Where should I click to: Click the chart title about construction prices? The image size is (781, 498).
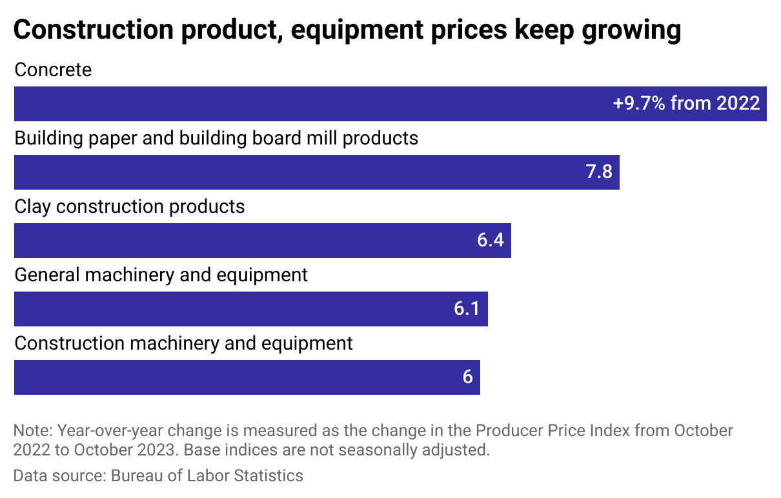click(x=347, y=30)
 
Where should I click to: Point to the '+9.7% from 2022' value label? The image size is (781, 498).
click(x=686, y=104)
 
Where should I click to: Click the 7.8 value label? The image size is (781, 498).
click(x=598, y=172)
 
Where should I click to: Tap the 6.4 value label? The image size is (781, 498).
click(x=490, y=241)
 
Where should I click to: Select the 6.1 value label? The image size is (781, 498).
click(x=467, y=309)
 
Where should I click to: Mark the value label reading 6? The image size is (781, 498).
click(x=467, y=377)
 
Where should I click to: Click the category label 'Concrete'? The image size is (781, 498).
click(x=53, y=70)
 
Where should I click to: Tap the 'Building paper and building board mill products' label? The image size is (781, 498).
click(x=216, y=138)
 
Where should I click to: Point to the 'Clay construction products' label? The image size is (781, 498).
click(x=130, y=206)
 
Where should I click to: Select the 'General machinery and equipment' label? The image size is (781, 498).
click(x=161, y=275)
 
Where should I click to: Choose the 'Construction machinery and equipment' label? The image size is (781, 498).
click(x=183, y=343)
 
